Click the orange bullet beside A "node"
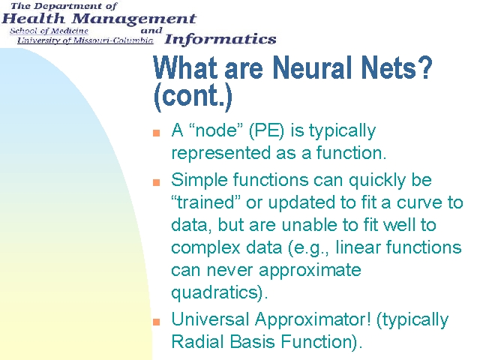(157, 133)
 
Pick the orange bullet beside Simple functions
(157, 182)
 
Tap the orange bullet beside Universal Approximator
(157, 322)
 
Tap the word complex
(205, 248)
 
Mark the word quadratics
(215, 293)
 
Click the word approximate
(310, 271)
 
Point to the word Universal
(210, 319)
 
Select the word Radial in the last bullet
(198, 342)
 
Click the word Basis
(252, 342)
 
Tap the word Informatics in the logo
(220, 40)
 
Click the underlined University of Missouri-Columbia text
(85, 40)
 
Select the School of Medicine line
(49, 31)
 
